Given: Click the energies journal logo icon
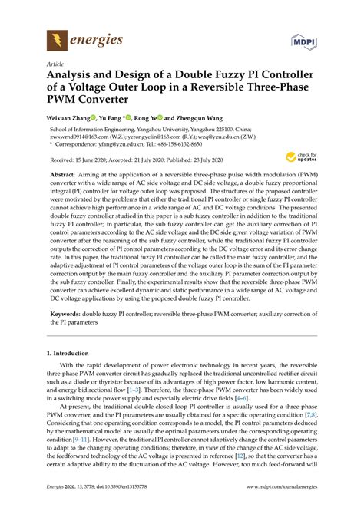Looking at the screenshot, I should click(x=56, y=38).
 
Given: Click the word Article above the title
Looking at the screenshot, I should click(x=55, y=64).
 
